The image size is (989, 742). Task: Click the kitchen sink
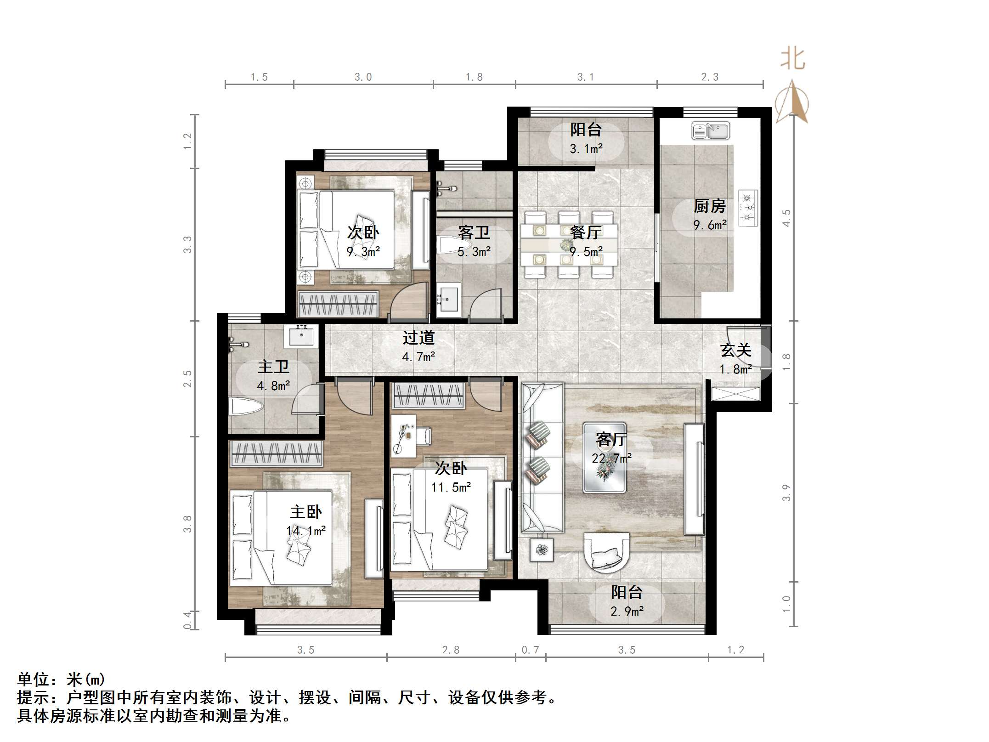(x=710, y=131)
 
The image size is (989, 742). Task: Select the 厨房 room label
(x=710, y=206)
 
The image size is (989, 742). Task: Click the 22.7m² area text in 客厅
(x=611, y=458)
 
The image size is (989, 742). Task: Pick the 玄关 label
(x=736, y=351)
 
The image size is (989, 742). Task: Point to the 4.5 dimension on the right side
(x=786, y=218)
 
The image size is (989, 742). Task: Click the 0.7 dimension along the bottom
(x=530, y=650)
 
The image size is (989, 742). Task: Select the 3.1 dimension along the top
(x=585, y=77)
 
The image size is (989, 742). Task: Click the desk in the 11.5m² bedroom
(x=403, y=436)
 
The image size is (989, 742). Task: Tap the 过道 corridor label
(x=418, y=338)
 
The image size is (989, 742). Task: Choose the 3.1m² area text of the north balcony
(x=586, y=149)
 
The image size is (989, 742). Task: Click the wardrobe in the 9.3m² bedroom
(x=338, y=304)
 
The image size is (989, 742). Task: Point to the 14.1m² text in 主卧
(x=306, y=531)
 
